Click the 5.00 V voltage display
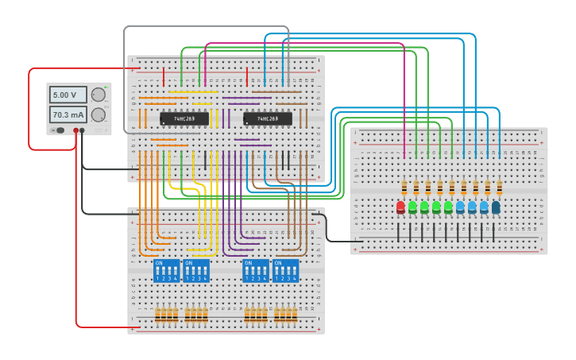pyautogui.click(x=64, y=95)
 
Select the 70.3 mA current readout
pyautogui.click(x=64, y=115)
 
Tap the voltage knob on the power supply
pyautogui.click(x=98, y=95)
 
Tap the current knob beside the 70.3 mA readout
pyautogui.click(x=98, y=115)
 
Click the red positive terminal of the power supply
pyautogui.click(x=76, y=131)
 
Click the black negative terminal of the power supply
pyautogui.click(x=83, y=131)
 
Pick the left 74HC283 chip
pyautogui.click(x=184, y=118)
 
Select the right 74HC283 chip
pyautogui.click(x=268, y=118)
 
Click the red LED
pyautogui.click(x=400, y=207)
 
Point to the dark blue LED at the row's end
pyautogui.click(x=496, y=207)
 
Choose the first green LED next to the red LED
pyautogui.click(x=412, y=207)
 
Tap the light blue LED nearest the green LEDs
pyautogui.click(x=460, y=207)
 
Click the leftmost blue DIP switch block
pyautogui.click(x=166, y=270)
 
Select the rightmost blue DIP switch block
pyautogui.click(x=286, y=270)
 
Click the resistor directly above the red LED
pyautogui.click(x=404, y=188)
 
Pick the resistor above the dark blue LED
pyautogui.click(x=500, y=188)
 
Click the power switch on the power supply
pyautogui.click(x=59, y=130)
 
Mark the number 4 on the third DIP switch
pyautogui.click(x=265, y=278)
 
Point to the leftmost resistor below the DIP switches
pyautogui.click(x=157, y=315)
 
